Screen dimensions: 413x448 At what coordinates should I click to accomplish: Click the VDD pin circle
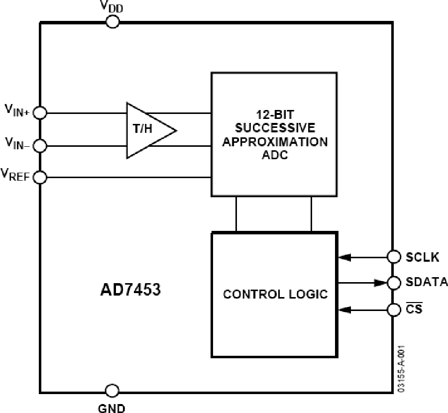pyautogui.click(x=113, y=22)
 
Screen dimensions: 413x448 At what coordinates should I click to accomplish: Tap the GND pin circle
pyautogui.click(x=113, y=390)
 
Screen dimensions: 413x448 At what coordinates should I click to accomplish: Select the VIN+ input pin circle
pyautogui.click(x=40, y=113)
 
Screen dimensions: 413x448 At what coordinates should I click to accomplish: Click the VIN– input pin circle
pyautogui.click(x=40, y=146)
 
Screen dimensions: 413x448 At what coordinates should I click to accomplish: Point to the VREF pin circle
pyautogui.click(x=40, y=177)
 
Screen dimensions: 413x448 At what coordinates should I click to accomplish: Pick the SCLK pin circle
pyautogui.click(x=393, y=257)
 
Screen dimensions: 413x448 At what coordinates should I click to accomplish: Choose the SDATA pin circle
pyautogui.click(x=393, y=283)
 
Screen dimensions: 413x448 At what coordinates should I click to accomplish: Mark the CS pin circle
pyautogui.click(x=393, y=310)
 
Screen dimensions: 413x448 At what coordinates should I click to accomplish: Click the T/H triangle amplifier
pyautogui.click(x=148, y=130)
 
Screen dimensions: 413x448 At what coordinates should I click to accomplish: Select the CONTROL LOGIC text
pyautogui.click(x=275, y=294)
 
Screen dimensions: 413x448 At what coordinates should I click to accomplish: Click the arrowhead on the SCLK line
pyautogui.click(x=344, y=257)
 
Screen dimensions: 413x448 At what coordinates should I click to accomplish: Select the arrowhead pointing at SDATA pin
pyautogui.click(x=381, y=283)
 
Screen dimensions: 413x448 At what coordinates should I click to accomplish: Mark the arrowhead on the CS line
pyautogui.click(x=344, y=310)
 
